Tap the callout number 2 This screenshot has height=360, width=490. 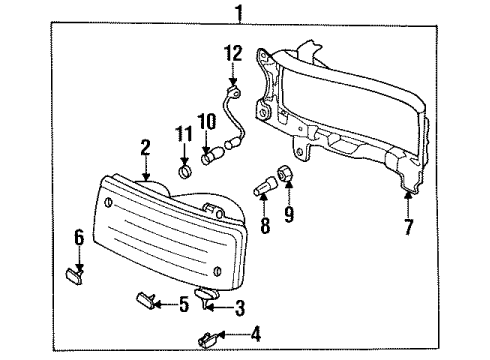click(x=145, y=148)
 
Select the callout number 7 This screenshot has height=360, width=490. click(x=409, y=227)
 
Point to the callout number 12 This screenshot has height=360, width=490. click(x=233, y=53)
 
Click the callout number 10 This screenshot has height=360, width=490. click(x=207, y=122)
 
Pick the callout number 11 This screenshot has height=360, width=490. click(x=184, y=134)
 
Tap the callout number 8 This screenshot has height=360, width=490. click(x=265, y=225)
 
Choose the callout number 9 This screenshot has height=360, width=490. click(x=289, y=214)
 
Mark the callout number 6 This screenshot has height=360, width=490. click(x=79, y=238)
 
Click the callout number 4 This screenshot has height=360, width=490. click(x=256, y=334)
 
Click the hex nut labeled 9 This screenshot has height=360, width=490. click(x=285, y=173)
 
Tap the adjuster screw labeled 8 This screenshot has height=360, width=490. click(x=264, y=187)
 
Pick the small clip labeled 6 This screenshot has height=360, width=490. click(x=74, y=277)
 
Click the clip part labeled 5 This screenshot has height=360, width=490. click(x=146, y=299)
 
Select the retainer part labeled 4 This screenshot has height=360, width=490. click(x=208, y=339)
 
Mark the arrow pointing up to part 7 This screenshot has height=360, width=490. click(x=407, y=204)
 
